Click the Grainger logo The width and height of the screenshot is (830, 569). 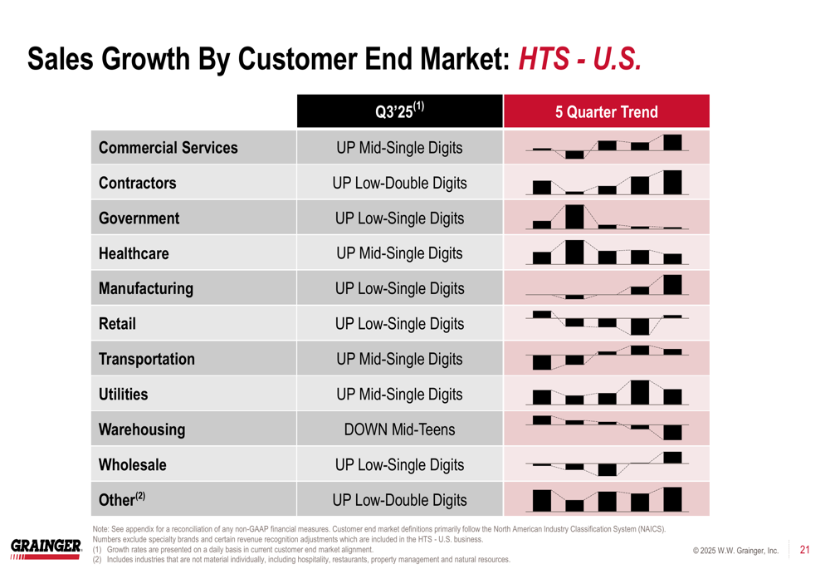point(46,547)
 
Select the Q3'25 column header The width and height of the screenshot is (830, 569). point(399,111)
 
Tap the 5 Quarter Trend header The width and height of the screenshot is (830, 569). point(606,112)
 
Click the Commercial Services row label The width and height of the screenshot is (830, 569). point(168,148)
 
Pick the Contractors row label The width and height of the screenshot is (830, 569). point(137,183)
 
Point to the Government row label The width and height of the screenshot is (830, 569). point(139,218)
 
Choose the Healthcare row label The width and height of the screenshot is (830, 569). point(134,253)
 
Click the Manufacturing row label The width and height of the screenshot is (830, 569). point(145,289)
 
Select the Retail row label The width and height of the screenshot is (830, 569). point(117,324)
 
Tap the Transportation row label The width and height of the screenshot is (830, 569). point(146,360)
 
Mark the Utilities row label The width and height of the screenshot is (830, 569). point(123,395)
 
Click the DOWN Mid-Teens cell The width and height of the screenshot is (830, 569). point(399,429)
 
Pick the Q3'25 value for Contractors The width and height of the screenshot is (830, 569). point(399,183)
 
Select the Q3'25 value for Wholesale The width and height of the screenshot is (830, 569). point(399,465)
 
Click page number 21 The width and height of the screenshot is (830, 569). point(804,549)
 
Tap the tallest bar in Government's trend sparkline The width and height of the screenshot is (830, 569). point(574,216)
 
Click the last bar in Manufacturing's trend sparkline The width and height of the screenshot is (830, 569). point(672,285)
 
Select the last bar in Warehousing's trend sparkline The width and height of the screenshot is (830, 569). point(672,432)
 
